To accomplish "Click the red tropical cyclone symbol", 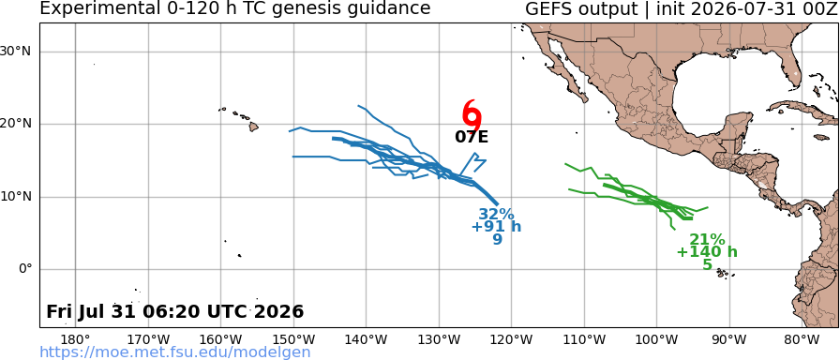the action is coord(472,113).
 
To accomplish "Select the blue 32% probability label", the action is coord(496,215).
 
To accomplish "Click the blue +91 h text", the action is coord(496,227).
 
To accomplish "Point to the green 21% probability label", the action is coord(707,239).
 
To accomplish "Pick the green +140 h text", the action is coord(707,252).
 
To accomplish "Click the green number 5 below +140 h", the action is coord(707,264).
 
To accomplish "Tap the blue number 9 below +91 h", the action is coord(497,239).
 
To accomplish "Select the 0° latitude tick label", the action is coord(25,269).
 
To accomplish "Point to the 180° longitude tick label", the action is coord(76,339).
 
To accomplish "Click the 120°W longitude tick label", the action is coord(512,339).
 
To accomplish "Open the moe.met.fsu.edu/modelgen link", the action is coord(175,352).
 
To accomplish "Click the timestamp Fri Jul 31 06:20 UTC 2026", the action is coord(175,311).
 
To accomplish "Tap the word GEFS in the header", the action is coord(547,8).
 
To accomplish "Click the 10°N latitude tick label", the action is coord(17,197).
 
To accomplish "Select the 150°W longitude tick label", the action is coord(293,339).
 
